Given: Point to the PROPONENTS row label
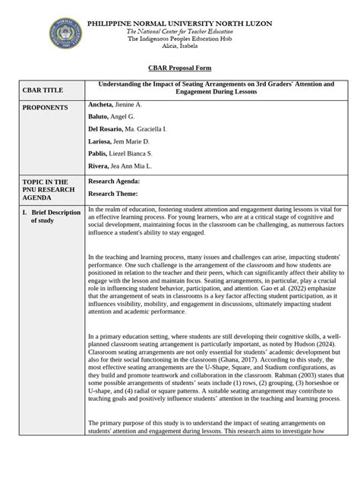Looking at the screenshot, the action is click(41, 108).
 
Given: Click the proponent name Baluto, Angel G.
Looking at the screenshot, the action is click(112, 116).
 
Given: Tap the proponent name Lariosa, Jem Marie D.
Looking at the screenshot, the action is click(119, 141).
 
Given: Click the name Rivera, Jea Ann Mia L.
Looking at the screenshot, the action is click(120, 166).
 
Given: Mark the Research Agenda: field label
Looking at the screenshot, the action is click(115, 182).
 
